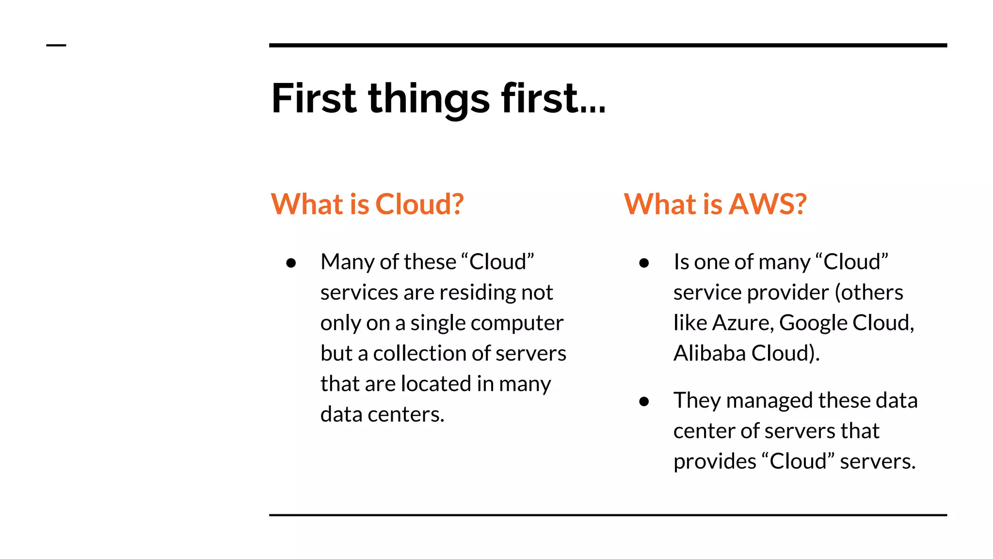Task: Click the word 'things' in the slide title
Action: click(x=429, y=99)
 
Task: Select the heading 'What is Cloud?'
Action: click(x=367, y=204)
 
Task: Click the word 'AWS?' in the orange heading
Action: click(x=768, y=204)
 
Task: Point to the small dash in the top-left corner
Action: click(x=56, y=46)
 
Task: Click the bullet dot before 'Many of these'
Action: click(x=291, y=263)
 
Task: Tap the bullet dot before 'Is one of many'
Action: click(x=644, y=263)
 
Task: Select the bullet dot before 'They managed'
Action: click(x=644, y=401)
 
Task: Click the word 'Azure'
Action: click(x=742, y=323)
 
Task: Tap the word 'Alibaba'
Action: click(x=709, y=353)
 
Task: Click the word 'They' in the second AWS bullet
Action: click(x=697, y=400)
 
